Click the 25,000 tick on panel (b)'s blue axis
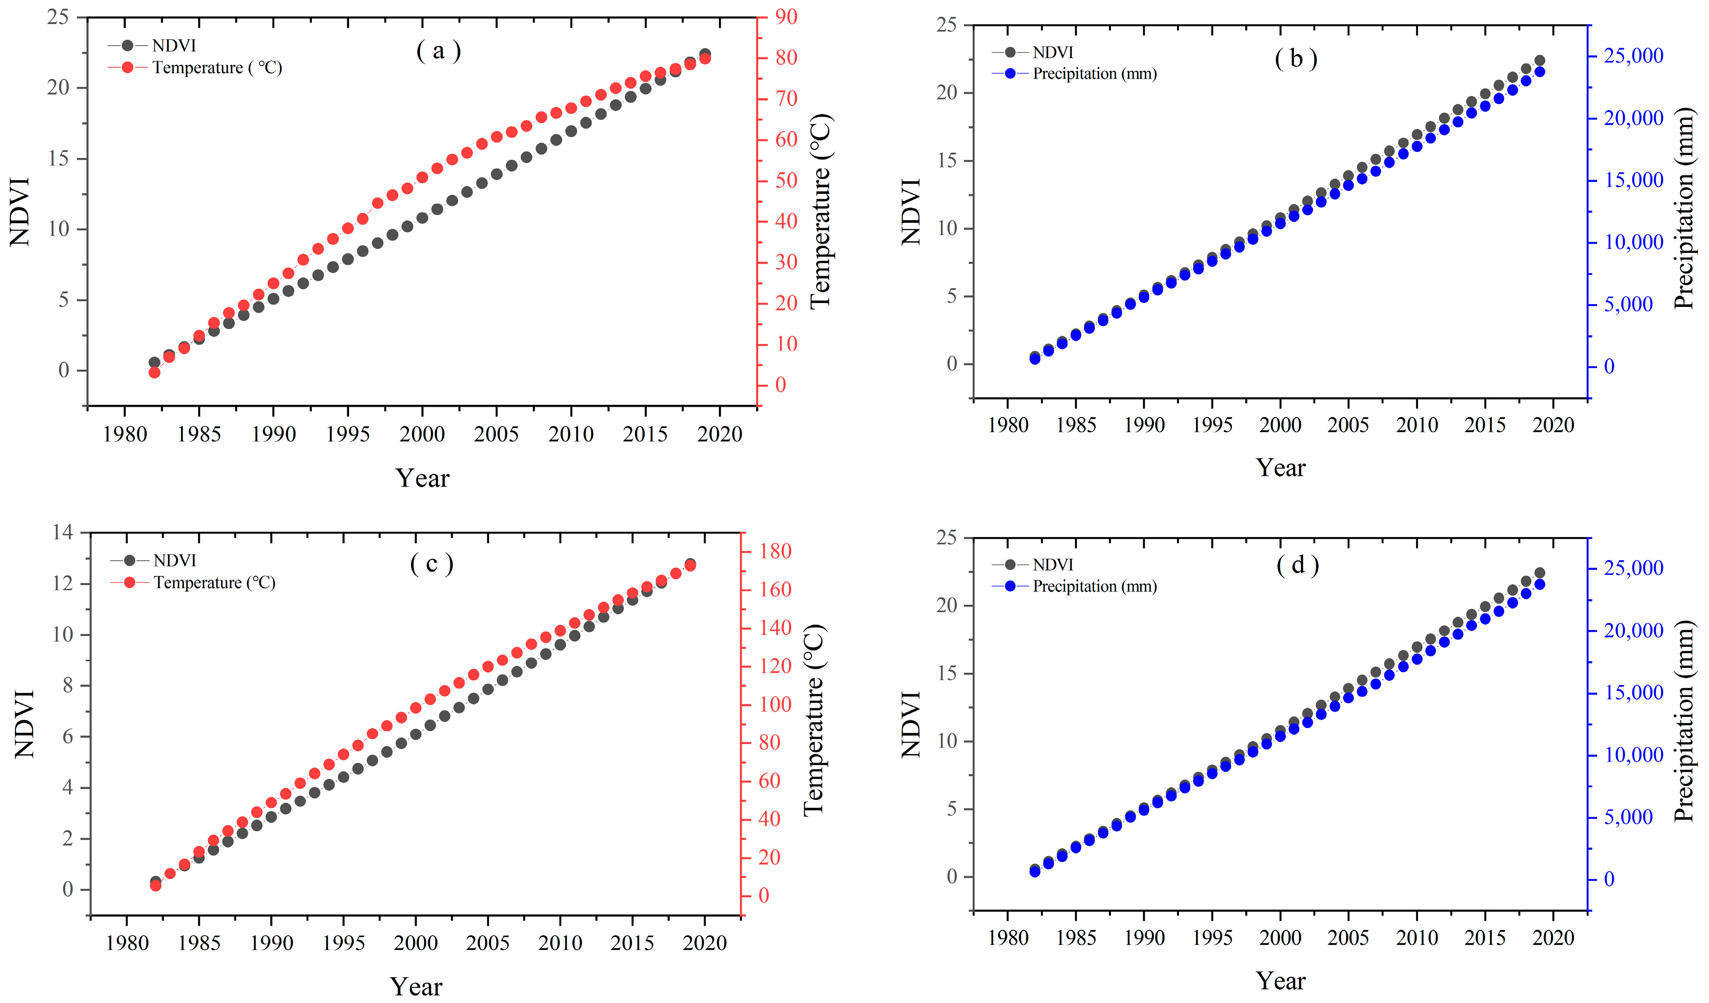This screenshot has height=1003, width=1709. (1633, 56)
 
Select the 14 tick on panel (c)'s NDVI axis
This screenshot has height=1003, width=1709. (62, 532)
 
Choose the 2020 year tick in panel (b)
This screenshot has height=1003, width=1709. (1553, 425)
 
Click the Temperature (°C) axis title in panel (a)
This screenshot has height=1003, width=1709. (820, 210)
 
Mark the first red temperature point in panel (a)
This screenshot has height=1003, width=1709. (154, 372)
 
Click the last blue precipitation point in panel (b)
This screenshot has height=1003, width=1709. (1539, 72)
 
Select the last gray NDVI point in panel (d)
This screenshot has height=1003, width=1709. (1539, 573)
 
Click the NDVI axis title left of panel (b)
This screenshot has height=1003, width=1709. (911, 212)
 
